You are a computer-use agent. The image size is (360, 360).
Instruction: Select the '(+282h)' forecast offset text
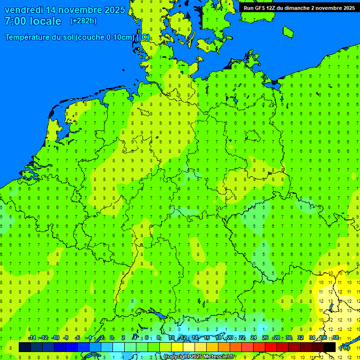pos(83,21)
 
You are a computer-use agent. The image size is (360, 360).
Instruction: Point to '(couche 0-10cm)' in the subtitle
pos(106,37)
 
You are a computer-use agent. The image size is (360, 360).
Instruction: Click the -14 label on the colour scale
pos(32,338)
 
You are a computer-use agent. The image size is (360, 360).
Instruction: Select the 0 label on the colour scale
pos(112,338)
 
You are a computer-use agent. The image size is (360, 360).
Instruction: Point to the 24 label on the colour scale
pos(253,338)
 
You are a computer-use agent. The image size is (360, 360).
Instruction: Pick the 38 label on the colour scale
pos(336,338)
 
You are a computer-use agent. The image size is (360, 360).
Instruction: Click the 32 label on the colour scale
pos(300,338)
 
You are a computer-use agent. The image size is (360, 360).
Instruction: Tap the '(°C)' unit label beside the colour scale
pos(344,348)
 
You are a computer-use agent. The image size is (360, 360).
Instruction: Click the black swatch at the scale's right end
pos(330,347)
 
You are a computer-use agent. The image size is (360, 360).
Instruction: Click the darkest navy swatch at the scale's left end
pos(25,347)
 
